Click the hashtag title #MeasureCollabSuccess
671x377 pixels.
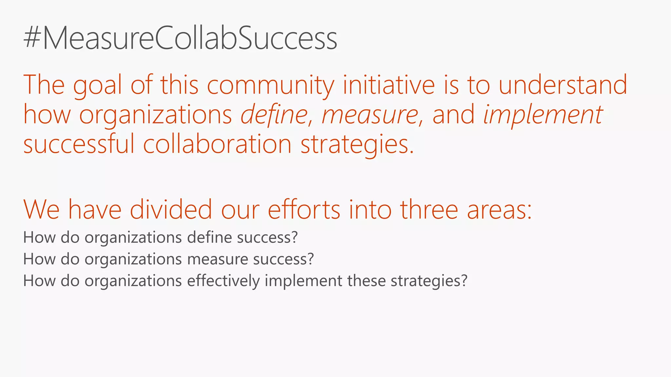pos(180,39)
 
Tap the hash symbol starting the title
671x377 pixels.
pos(32,39)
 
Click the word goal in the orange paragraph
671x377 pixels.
pos(97,85)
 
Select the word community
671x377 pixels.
pos(270,85)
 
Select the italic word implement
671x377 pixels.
pos(543,115)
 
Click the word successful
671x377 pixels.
pos(79,144)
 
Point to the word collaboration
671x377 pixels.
pos(217,144)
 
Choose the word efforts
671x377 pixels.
pos(304,209)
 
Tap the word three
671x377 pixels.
pos(429,209)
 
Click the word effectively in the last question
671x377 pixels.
pos(223,281)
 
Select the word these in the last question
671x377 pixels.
pos(366,281)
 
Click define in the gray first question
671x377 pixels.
pos(210,237)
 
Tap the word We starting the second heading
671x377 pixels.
pos(41,209)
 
